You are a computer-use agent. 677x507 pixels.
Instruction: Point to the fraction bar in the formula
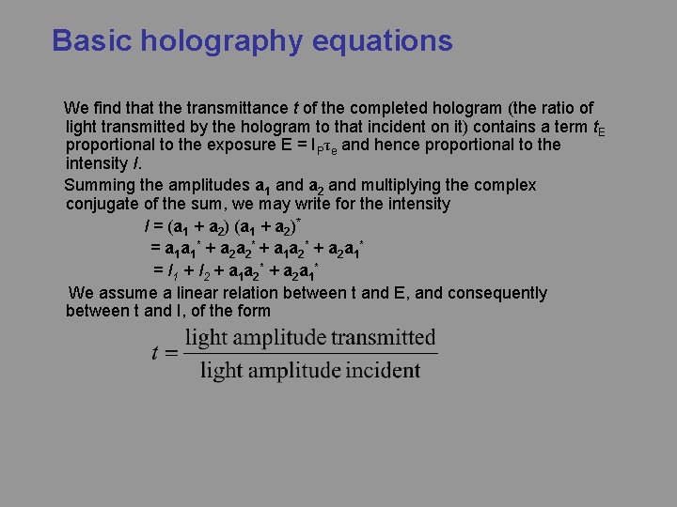point(310,354)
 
